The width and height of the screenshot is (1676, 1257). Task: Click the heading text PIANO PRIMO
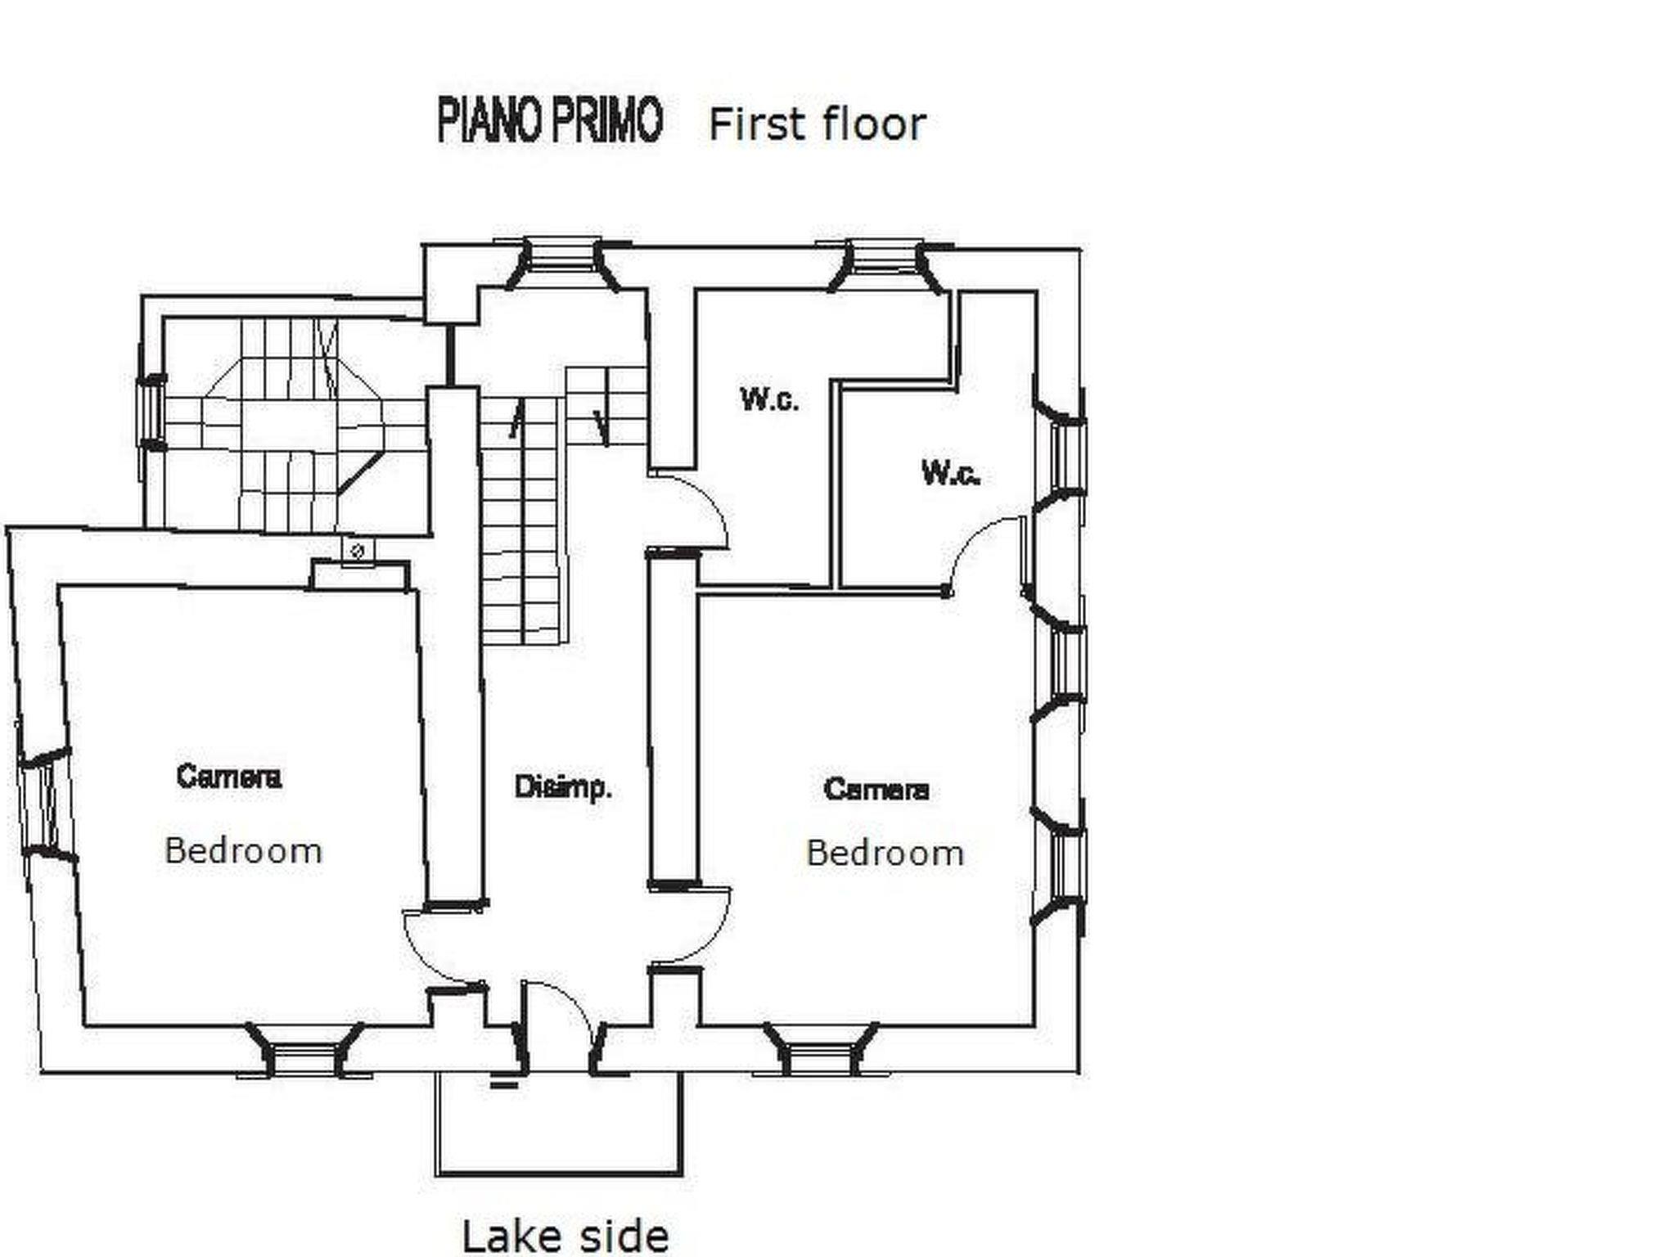[x=549, y=121]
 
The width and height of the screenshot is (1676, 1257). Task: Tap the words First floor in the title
[x=817, y=125]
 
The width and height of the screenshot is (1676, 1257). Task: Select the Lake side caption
[x=565, y=1236]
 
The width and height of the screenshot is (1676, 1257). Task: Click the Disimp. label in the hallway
[x=563, y=787]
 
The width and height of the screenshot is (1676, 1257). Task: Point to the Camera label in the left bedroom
[x=228, y=776]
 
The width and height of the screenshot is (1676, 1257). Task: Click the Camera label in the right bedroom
[x=876, y=789]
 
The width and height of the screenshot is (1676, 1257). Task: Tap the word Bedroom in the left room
[x=243, y=851]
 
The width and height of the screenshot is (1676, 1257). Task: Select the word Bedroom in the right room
[x=885, y=854]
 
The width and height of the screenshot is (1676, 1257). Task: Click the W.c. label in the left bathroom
[x=769, y=399]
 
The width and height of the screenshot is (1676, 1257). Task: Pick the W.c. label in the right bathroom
[x=950, y=473]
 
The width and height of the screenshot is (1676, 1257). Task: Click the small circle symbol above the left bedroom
[x=357, y=551]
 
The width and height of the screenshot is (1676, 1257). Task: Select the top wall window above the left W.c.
[x=885, y=264]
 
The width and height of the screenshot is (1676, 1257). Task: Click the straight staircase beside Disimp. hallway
[x=521, y=520]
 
